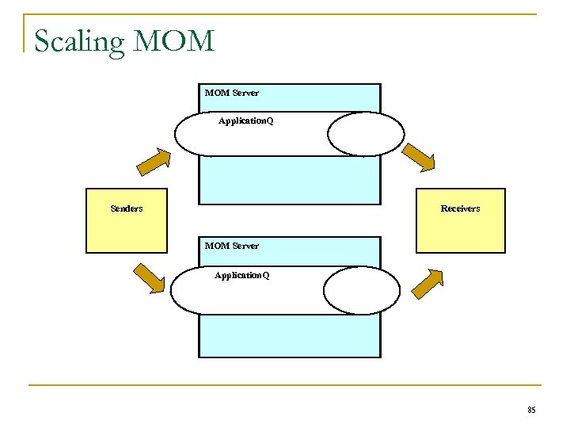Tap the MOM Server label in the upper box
[231, 93]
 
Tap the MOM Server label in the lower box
[231, 246]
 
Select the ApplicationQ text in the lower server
[241, 275]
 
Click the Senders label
[127, 208]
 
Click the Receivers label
[460, 208]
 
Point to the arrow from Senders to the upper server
[154, 161]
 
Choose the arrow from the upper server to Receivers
[419, 157]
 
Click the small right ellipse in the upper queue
[366, 133]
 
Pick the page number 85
[530, 410]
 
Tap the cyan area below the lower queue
[289, 337]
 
